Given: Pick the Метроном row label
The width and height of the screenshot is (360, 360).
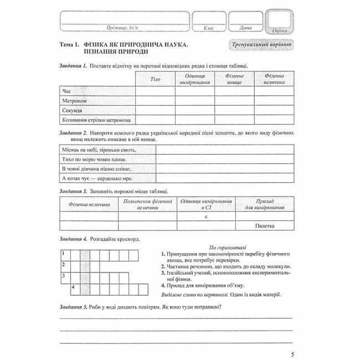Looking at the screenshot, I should [x=75, y=100].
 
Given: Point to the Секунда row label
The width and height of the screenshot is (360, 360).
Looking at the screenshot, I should [x=73, y=110].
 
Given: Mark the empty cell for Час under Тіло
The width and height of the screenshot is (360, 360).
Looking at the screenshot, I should [x=155, y=90].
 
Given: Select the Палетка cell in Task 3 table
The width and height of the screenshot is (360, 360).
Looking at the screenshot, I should [x=265, y=225].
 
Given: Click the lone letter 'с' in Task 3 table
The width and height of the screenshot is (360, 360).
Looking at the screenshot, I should [x=206, y=216].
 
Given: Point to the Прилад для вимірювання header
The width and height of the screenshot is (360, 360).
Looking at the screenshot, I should [x=265, y=204].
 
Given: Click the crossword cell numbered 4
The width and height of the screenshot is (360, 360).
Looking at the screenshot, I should [x=74, y=288].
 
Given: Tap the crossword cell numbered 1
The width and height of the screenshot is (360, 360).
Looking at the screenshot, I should [x=64, y=254].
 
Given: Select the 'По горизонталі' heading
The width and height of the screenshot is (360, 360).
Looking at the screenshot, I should [x=217, y=246].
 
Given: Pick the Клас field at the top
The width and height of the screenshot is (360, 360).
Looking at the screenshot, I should [x=208, y=23].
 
